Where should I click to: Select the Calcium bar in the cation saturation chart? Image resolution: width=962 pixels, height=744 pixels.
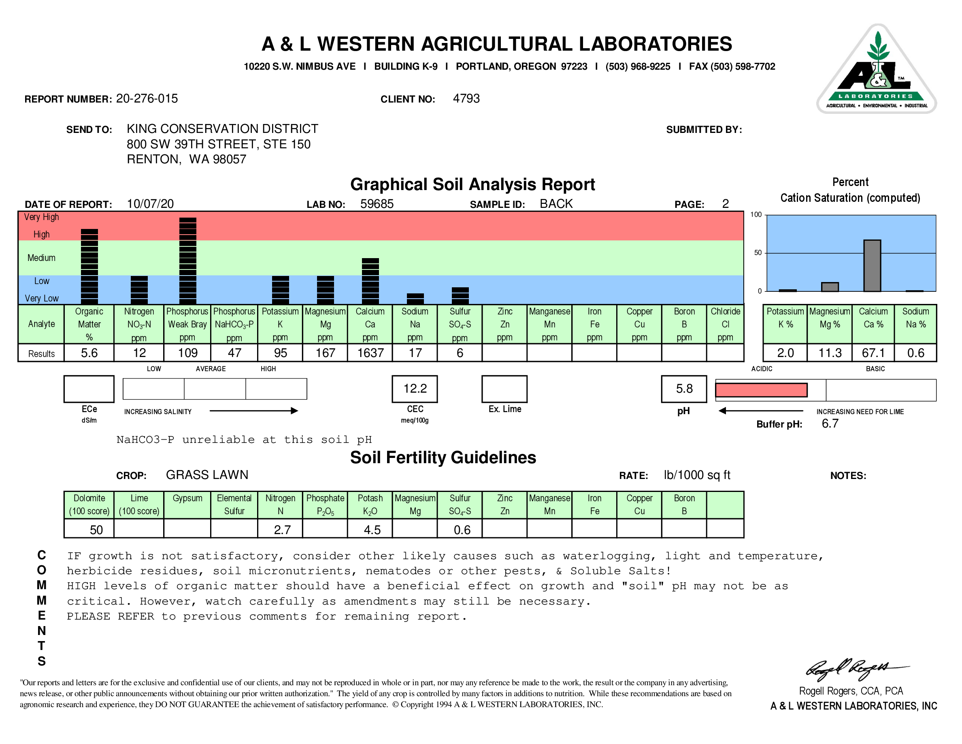[872, 266]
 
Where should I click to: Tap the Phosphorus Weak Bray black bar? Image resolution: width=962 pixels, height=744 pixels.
[187, 260]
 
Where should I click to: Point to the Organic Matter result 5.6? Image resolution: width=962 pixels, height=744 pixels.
[89, 353]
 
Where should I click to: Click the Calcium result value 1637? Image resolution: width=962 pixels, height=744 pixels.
[370, 353]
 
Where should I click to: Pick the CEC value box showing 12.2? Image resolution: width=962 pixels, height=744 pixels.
[415, 389]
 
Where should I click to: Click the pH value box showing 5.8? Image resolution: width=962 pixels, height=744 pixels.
[684, 389]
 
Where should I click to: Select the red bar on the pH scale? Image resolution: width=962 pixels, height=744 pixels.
[761, 390]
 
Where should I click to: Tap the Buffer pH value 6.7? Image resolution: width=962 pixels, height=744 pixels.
[830, 424]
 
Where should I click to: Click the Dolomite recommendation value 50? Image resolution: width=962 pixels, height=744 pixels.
[96, 530]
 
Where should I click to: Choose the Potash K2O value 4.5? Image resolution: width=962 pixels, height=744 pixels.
[372, 530]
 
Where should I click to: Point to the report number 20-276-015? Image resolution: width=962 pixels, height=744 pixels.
[147, 99]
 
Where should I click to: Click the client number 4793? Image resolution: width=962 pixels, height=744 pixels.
[466, 99]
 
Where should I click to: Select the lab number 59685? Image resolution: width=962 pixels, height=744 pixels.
[377, 204]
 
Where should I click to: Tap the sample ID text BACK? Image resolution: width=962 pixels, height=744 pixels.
[556, 204]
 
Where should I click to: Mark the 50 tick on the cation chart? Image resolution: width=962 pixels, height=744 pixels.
[758, 253]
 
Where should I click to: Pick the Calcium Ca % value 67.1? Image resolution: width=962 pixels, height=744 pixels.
[873, 353]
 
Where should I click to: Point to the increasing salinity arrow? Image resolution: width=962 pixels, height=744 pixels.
[254, 411]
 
